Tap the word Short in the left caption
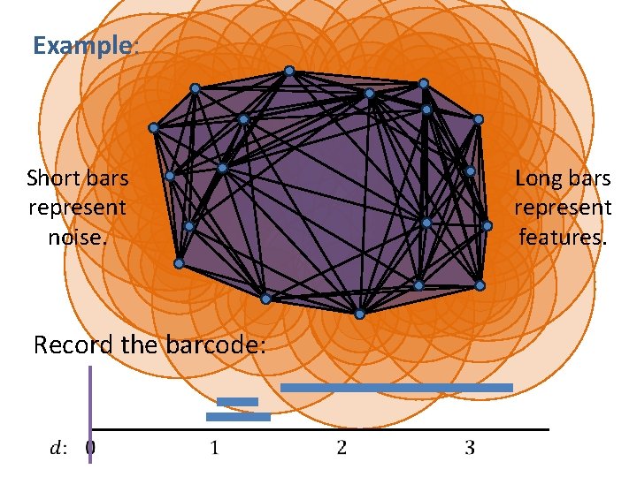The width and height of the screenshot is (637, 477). tap(51, 178)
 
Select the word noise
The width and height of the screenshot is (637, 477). tap(77, 238)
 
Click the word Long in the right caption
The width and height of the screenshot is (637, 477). tap(536, 178)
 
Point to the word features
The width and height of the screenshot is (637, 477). tap(563, 238)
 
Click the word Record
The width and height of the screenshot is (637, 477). tap(73, 344)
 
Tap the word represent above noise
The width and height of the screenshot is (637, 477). tap(77, 208)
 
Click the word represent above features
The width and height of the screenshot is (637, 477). tap(563, 208)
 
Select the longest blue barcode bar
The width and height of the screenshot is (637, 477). tap(396, 388)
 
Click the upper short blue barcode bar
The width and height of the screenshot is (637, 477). tap(237, 402)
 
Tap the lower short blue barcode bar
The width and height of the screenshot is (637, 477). tap(238, 417)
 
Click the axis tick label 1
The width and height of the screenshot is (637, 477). tap(214, 448)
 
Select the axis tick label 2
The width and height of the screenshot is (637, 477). tap(342, 448)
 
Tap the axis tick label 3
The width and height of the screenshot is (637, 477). tap(470, 448)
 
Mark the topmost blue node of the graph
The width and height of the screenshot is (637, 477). tap(289, 71)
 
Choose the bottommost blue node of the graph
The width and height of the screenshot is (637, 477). tap(359, 314)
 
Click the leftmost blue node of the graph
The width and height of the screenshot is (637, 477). tap(153, 128)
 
